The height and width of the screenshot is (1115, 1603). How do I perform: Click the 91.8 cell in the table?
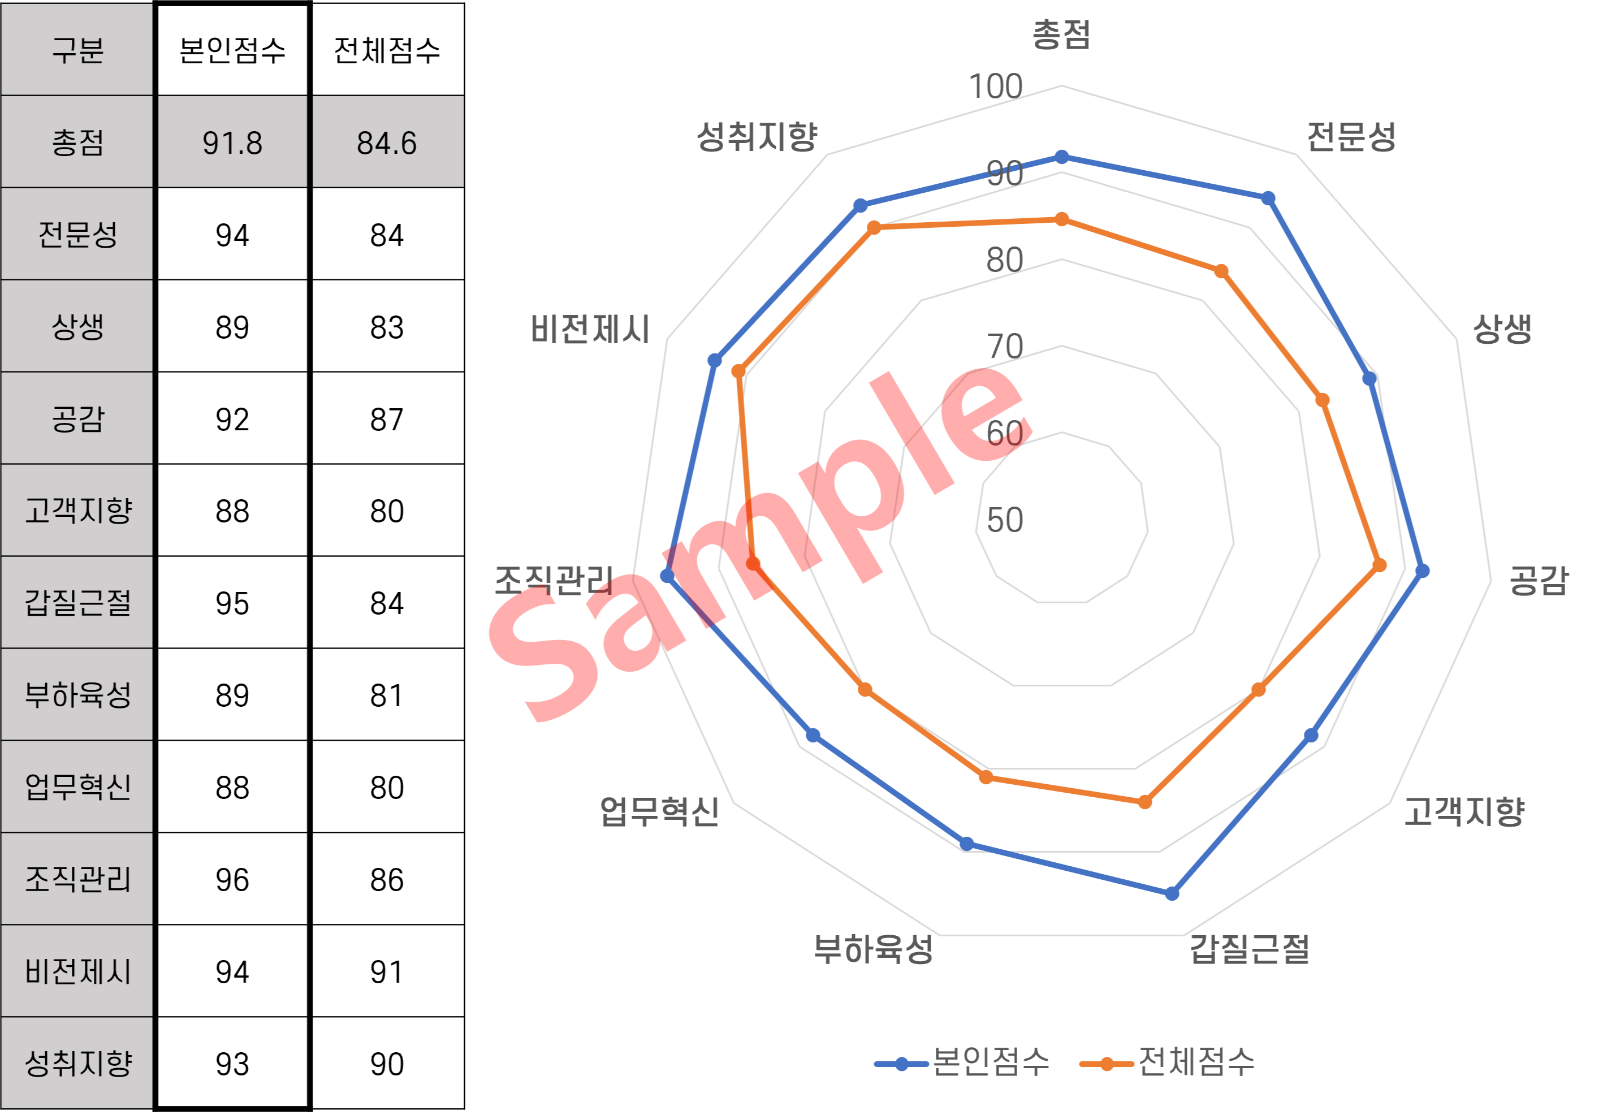click(x=232, y=142)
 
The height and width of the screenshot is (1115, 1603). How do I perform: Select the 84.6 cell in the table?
click(x=387, y=142)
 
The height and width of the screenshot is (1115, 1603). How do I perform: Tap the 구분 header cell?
click(x=77, y=50)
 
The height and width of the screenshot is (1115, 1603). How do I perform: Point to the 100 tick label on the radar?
click(x=996, y=87)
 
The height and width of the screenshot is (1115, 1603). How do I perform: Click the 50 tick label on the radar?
click(x=1005, y=520)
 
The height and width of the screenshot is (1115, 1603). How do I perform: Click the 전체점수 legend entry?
click(x=1168, y=1062)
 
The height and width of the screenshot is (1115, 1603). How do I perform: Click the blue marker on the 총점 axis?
click(x=1062, y=157)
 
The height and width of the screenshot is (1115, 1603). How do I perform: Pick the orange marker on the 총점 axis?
click(x=1062, y=219)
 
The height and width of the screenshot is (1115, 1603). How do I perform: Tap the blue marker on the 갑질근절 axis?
click(x=1172, y=893)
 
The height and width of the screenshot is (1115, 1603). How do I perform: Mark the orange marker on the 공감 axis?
click(x=1380, y=565)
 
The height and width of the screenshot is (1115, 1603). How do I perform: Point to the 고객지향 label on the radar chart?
click(x=1464, y=811)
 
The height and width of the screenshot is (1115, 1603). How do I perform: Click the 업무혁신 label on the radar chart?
click(x=659, y=811)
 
